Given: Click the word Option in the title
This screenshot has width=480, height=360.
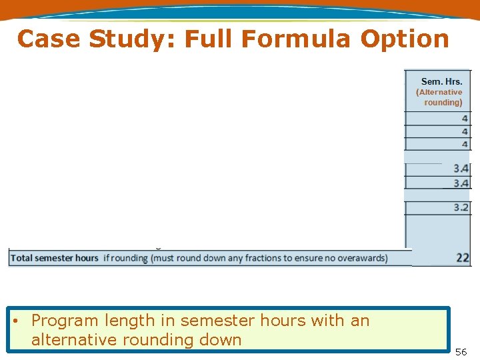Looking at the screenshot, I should coord(405,39).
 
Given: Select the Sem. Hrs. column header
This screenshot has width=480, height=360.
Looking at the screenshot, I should coord(441,81).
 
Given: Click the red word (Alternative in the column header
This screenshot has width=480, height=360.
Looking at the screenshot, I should coord(439,92).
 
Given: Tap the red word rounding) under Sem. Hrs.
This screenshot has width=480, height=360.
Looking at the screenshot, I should coord(443,103).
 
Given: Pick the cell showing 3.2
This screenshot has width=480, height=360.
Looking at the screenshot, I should coord(461,208).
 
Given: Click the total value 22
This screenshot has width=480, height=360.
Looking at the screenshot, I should coord(462,258).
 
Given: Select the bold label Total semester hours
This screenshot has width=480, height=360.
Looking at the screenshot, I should coord(55,258).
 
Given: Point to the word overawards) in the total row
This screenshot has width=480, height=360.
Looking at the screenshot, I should coord(361,258).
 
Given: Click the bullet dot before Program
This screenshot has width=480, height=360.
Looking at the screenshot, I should coord(15,321).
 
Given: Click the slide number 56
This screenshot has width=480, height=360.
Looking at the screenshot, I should coord(461,351).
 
